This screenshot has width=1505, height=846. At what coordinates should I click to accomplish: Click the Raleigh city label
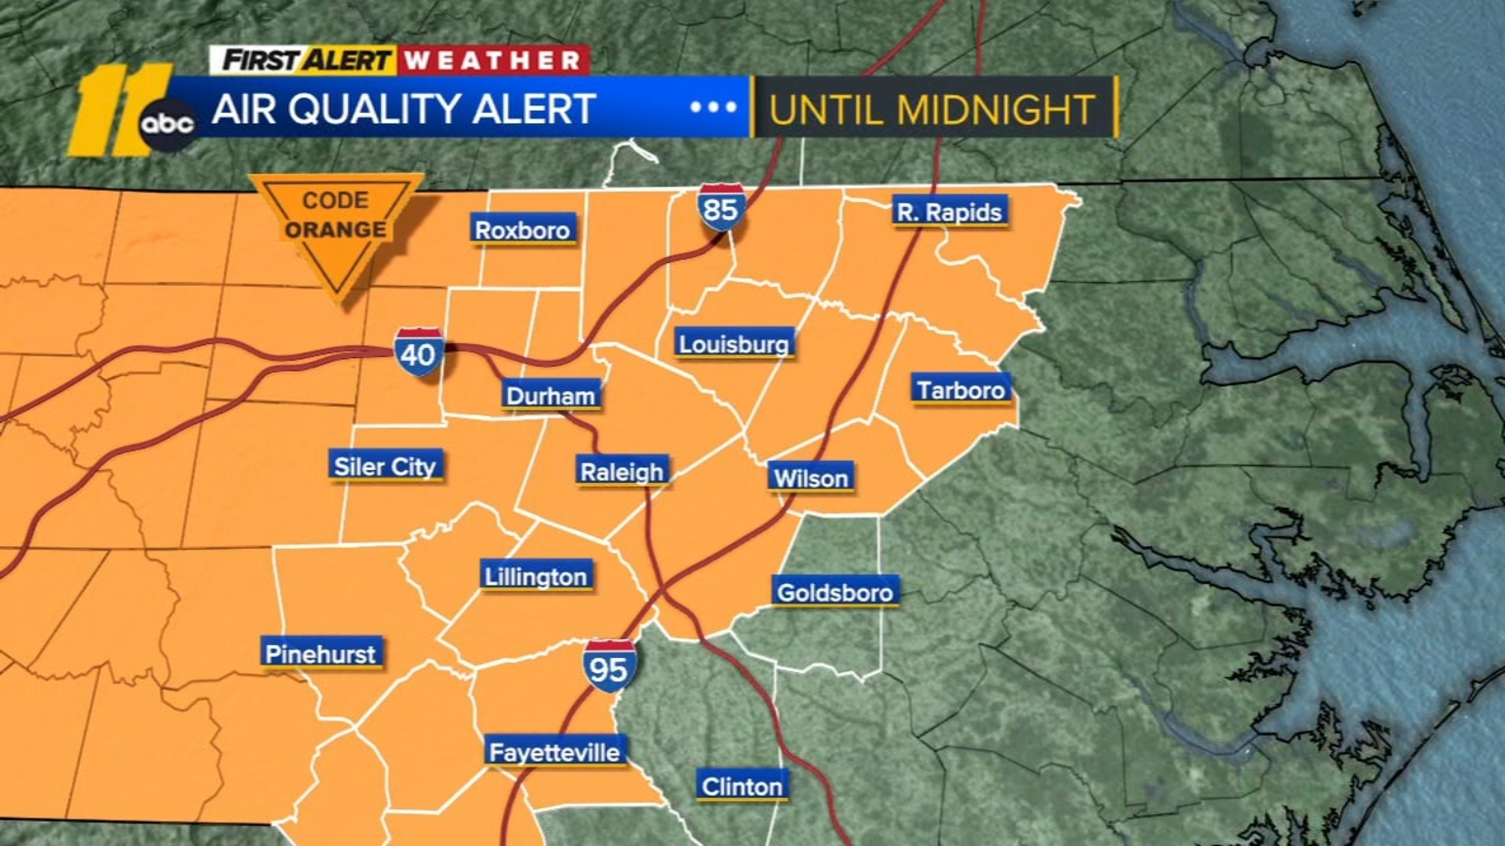(x=622, y=471)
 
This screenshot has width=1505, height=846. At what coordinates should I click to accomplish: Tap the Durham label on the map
(x=550, y=396)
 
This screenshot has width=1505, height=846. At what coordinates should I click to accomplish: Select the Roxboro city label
(x=522, y=229)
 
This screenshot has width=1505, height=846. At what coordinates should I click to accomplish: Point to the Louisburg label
(x=734, y=344)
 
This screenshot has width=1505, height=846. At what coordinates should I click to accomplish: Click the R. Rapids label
(x=949, y=212)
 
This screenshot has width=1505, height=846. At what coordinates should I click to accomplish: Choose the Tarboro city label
(x=960, y=389)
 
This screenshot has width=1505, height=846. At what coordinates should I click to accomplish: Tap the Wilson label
(x=811, y=478)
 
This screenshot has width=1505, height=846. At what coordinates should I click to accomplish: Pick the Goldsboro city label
(x=834, y=592)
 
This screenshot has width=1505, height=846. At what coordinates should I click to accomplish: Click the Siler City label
(x=385, y=466)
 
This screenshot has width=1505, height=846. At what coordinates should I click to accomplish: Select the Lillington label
(x=535, y=576)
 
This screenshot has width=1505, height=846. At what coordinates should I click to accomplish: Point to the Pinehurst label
(x=320, y=653)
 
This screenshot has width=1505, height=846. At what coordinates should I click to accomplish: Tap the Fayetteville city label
(x=554, y=752)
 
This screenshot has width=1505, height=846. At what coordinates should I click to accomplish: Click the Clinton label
(x=742, y=786)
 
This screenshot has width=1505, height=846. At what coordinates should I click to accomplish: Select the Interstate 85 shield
(x=721, y=208)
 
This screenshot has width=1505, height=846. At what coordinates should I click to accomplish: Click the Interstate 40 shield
(x=419, y=352)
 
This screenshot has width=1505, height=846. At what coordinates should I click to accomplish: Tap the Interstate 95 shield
(x=609, y=666)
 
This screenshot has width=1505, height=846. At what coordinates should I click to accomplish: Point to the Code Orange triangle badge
(x=336, y=226)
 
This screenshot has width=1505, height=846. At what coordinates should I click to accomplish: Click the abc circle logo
(x=167, y=124)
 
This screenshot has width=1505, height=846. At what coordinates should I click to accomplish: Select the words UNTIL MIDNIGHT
(x=932, y=110)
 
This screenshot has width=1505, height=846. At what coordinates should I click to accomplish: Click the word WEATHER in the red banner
(x=493, y=61)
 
